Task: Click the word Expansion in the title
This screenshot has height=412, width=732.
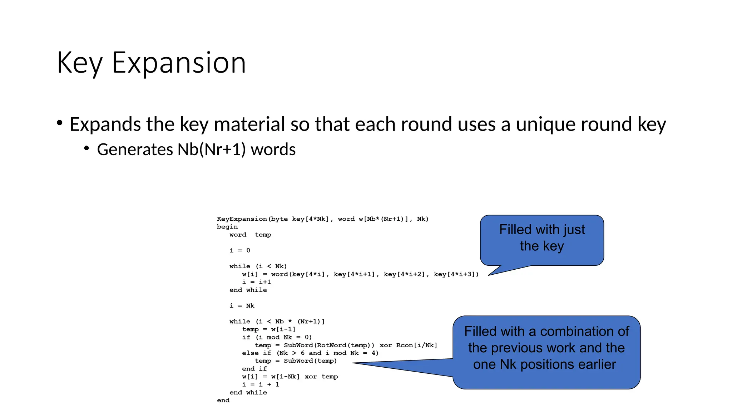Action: pyautogui.click(x=179, y=63)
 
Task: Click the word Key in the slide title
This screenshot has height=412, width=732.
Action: pyautogui.click(x=79, y=63)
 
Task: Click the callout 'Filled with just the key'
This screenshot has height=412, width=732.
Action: pyautogui.click(x=542, y=238)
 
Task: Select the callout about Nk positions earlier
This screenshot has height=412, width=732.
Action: pyautogui.click(x=546, y=348)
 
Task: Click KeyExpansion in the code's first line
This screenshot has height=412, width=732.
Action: pyautogui.click(x=242, y=219)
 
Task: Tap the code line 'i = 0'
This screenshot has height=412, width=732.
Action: pyautogui.click(x=240, y=250)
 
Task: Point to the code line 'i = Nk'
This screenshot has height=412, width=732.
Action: pyautogui.click(x=242, y=306)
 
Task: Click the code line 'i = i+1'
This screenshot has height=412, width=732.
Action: pyautogui.click(x=257, y=282)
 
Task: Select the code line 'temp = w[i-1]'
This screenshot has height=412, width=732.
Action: pyautogui.click(x=269, y=329)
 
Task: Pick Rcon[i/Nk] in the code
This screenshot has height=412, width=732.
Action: pyautogui.click(x=417, y=345)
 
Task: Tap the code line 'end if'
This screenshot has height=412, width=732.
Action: pyautogui.click(x=254, y=369)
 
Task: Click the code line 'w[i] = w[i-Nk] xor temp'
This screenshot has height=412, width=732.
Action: pyautogui.click(x=290, y=377)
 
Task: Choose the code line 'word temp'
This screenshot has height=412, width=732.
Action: pyautogui.click(x=250, y=235)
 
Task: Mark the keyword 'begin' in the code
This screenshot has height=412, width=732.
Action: pyautogui.click(x=227, y=227)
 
